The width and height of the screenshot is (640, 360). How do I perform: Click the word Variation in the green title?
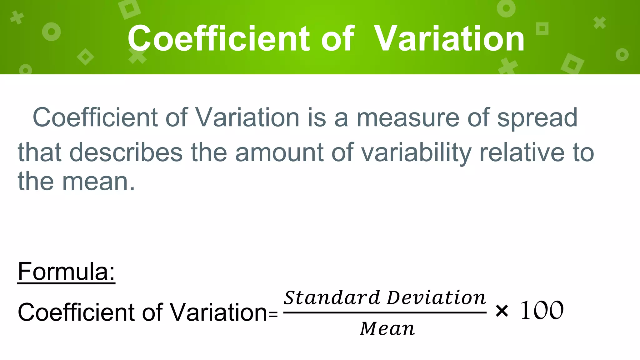click(449, 39)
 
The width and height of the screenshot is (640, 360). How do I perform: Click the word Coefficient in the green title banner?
click(218, 39)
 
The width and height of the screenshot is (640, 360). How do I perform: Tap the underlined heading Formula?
click(66, 272)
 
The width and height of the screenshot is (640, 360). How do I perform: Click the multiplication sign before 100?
click(502, 311)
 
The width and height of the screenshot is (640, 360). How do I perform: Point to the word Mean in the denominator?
click(387, 329)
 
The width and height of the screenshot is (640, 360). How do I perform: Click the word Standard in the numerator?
click(332, 297)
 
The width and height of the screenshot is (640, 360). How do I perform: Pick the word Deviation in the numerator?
click(436, 297)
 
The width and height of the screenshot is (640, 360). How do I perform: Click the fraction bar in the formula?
click(385, 312)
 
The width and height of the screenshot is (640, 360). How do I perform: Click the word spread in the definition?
click(537, 118)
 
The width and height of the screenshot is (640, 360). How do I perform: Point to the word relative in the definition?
click(522, 152)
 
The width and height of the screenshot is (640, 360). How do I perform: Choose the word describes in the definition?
click(126, 152)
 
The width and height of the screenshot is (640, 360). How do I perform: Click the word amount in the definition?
click(279, 152)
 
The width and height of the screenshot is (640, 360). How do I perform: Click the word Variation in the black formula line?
click(218, 312)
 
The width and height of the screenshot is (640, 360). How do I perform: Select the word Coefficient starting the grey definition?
click(95, 118)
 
